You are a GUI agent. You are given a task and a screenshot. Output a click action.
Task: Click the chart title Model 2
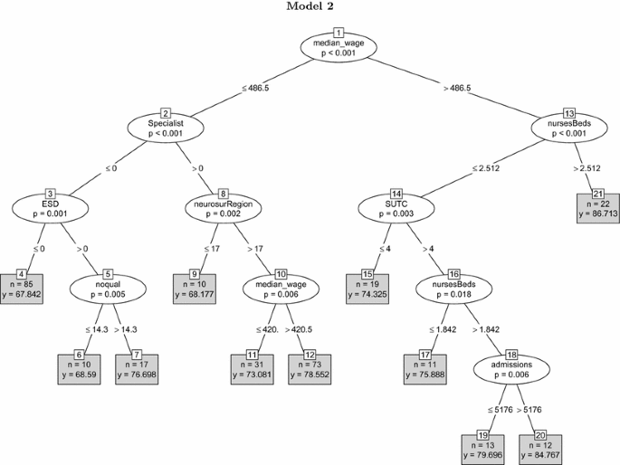310,7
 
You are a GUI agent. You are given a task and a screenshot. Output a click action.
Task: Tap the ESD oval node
50,208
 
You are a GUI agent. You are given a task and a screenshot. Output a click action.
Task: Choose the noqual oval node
108,288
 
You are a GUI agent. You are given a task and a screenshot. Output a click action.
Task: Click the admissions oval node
512,368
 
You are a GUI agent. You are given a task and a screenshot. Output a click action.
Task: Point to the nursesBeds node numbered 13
569,128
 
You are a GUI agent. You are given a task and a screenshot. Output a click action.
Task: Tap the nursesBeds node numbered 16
453,288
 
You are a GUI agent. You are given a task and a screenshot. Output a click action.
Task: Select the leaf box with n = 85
22,286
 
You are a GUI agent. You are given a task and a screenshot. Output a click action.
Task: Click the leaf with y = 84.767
540,446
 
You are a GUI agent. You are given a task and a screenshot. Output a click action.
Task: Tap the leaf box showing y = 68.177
196,286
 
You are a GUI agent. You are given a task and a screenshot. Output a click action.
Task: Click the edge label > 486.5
456,88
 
